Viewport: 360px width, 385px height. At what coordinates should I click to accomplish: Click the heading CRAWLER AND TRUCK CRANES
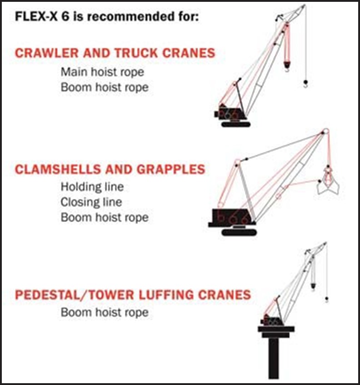click(115, 53)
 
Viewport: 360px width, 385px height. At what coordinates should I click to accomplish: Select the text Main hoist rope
click(102, 72)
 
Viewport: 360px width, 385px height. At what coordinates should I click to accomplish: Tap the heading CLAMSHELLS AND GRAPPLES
click(110, 170)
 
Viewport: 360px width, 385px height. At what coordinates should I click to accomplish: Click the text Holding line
click(92, 187)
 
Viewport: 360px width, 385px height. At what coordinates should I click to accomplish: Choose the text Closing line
click(91, 202)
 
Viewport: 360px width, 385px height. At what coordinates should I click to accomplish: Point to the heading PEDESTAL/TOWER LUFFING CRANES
click(133, 294)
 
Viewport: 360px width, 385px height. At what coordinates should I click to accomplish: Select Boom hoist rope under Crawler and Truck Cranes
click(105, 87)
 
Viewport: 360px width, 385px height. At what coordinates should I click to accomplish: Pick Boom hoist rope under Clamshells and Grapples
click(105, 218)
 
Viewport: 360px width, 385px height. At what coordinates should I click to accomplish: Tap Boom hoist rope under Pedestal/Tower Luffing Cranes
click(105, 313)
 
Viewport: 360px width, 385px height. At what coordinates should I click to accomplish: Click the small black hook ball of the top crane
click(305, 83)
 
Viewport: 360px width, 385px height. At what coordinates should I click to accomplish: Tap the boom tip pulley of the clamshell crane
click(325, 132)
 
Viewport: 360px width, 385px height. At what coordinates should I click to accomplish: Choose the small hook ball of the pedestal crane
click(326, 299)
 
